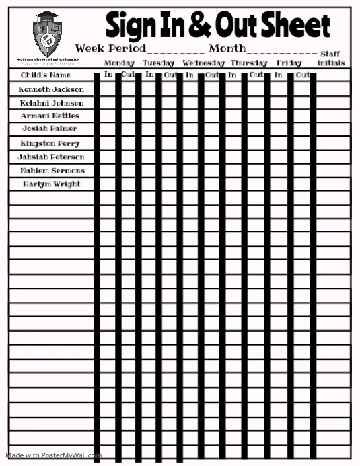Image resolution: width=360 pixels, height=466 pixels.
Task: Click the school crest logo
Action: click(x=47, y=34)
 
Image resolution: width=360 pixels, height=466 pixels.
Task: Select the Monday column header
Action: click(x=118, y=63)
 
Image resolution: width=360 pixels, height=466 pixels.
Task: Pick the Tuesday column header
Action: click(x=158, y=63)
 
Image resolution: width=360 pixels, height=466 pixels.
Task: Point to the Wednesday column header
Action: click(x=203, y=63)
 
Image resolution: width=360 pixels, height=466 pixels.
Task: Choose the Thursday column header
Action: click(x=248, y=63)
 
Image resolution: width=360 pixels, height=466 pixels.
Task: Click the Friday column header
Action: click(x=289, y=63)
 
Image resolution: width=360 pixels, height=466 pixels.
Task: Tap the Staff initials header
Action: click(x=330, y=59)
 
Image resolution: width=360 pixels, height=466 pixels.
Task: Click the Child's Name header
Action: click(x=46, y=75)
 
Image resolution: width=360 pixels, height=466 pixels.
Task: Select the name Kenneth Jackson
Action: click(x=51, y=89)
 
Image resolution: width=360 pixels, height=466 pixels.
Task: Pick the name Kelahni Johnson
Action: click(x=51, y=103)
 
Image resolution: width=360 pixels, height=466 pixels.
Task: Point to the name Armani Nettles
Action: click(x=50, y=116)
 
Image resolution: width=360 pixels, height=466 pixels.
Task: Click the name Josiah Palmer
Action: click(x=50, y=128)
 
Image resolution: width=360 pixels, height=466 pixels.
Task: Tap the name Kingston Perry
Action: click(x=50, y=143)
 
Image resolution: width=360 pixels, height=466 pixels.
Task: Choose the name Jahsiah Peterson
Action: click(x=51, y=157)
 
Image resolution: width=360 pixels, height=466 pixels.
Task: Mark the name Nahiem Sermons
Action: click(x=52, y=171)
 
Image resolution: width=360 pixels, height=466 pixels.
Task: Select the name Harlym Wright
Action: click(x=51, y=184)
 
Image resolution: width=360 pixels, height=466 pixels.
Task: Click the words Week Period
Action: click(x=110, y=48)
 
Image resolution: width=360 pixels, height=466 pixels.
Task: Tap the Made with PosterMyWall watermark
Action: click(x=53, y=455)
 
